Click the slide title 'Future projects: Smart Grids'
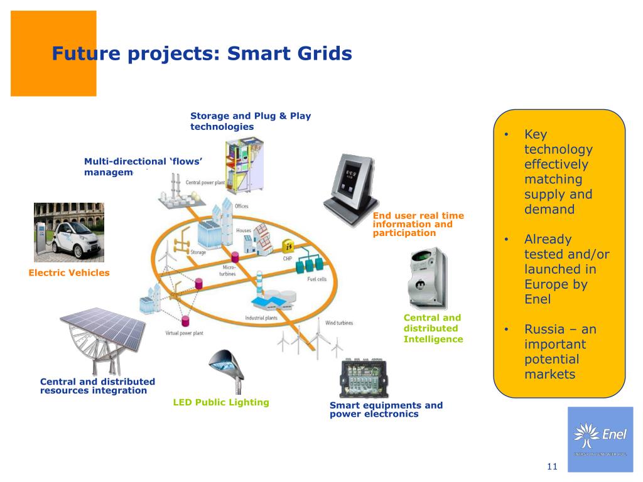pos(202,54)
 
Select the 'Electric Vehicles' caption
pos(69,272)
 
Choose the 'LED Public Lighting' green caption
pos(221,402)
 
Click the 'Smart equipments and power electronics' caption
pos(386,409)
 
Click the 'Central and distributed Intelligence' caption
pos(433,328)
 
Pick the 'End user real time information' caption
pos(418,224)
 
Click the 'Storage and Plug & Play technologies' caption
pos(251,121)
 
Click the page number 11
pos(552,466)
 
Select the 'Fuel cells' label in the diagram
pos(316,279)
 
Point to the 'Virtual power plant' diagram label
pos(184,333)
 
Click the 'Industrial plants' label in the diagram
pos(261,318)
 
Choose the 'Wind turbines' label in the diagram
pos(338,323)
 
